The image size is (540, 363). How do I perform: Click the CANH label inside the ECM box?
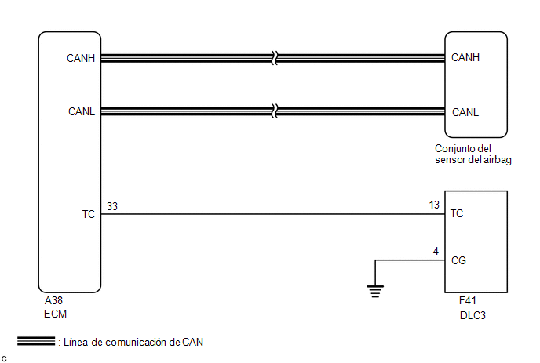pyautogui.click(x=81, y=58)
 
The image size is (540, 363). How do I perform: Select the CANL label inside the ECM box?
pyautogui.click(x=82, y=111)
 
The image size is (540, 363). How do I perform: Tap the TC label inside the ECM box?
pyautogui.click(x=89, y=214)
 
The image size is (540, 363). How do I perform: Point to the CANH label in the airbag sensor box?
pyautogui.click(x=465, y=57)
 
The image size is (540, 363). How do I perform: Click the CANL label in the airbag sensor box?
pyautogui.click(x=465, y=112)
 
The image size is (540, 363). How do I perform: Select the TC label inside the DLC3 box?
pyautogui.click(x=457, y=213)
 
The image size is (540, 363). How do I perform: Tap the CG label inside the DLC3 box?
pyautogui.click(x=458, y=260)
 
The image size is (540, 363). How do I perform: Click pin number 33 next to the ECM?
pyautogui.click(x=112, y=206)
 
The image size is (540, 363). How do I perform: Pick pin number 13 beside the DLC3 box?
pyautogui.click(x=434, y=205)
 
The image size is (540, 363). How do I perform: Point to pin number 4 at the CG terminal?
pyautogui.click(x=436, y=252)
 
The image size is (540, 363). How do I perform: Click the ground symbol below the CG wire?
pyautogui.click(x=375, y=291)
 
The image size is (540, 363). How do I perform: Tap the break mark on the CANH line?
pyautogui.click(x=275, y=58)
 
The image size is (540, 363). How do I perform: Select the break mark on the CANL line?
pyautogui.click(x=275, y=111)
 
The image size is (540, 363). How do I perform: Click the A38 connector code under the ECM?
pyautogui.click(x=53, y=301)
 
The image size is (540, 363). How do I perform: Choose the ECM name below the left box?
pyautogui.click(x=55, y=314)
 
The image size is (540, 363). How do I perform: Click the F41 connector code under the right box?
pyautogui.click(x=467, y=301)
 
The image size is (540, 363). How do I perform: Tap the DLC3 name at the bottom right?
pyautogui.click(x=472, y=315)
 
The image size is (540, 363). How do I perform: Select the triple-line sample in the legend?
pyautogui.click(x=36, y=341)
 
